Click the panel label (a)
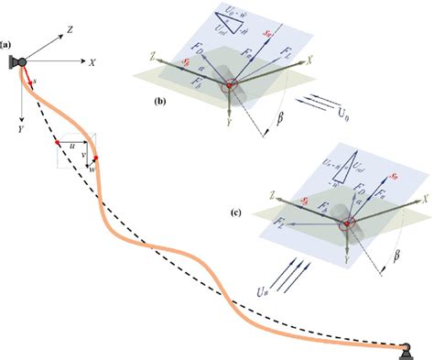click(x=6, y=44)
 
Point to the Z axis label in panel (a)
click(x=70, y=30)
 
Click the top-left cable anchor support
click(x=16, y=63)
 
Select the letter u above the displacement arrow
click(x=71, y=144)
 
